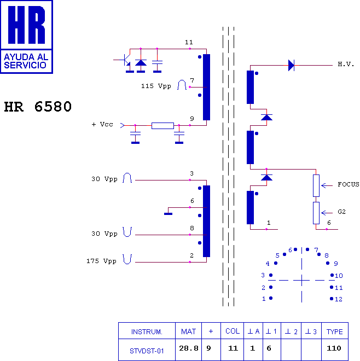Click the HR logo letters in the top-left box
[26, 25]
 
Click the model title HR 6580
[38, 107]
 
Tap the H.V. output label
[346, 64]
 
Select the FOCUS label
[348, 184]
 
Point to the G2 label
[341, 212]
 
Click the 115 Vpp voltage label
[156, 86]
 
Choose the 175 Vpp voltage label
[101, 261]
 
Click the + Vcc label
[102, 124]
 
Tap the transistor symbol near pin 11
[124, 60]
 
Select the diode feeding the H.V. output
[291, 66]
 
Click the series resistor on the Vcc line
[162, 126]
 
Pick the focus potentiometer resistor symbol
[316, 185]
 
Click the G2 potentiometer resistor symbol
[316, 213]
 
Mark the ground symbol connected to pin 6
[168, 214]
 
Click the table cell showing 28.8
[189, 348]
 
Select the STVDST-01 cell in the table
[147, 351]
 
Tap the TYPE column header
[334, 332]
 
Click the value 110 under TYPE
[334, 348]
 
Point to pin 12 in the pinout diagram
[332, 299]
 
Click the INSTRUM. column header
[147, 332]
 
